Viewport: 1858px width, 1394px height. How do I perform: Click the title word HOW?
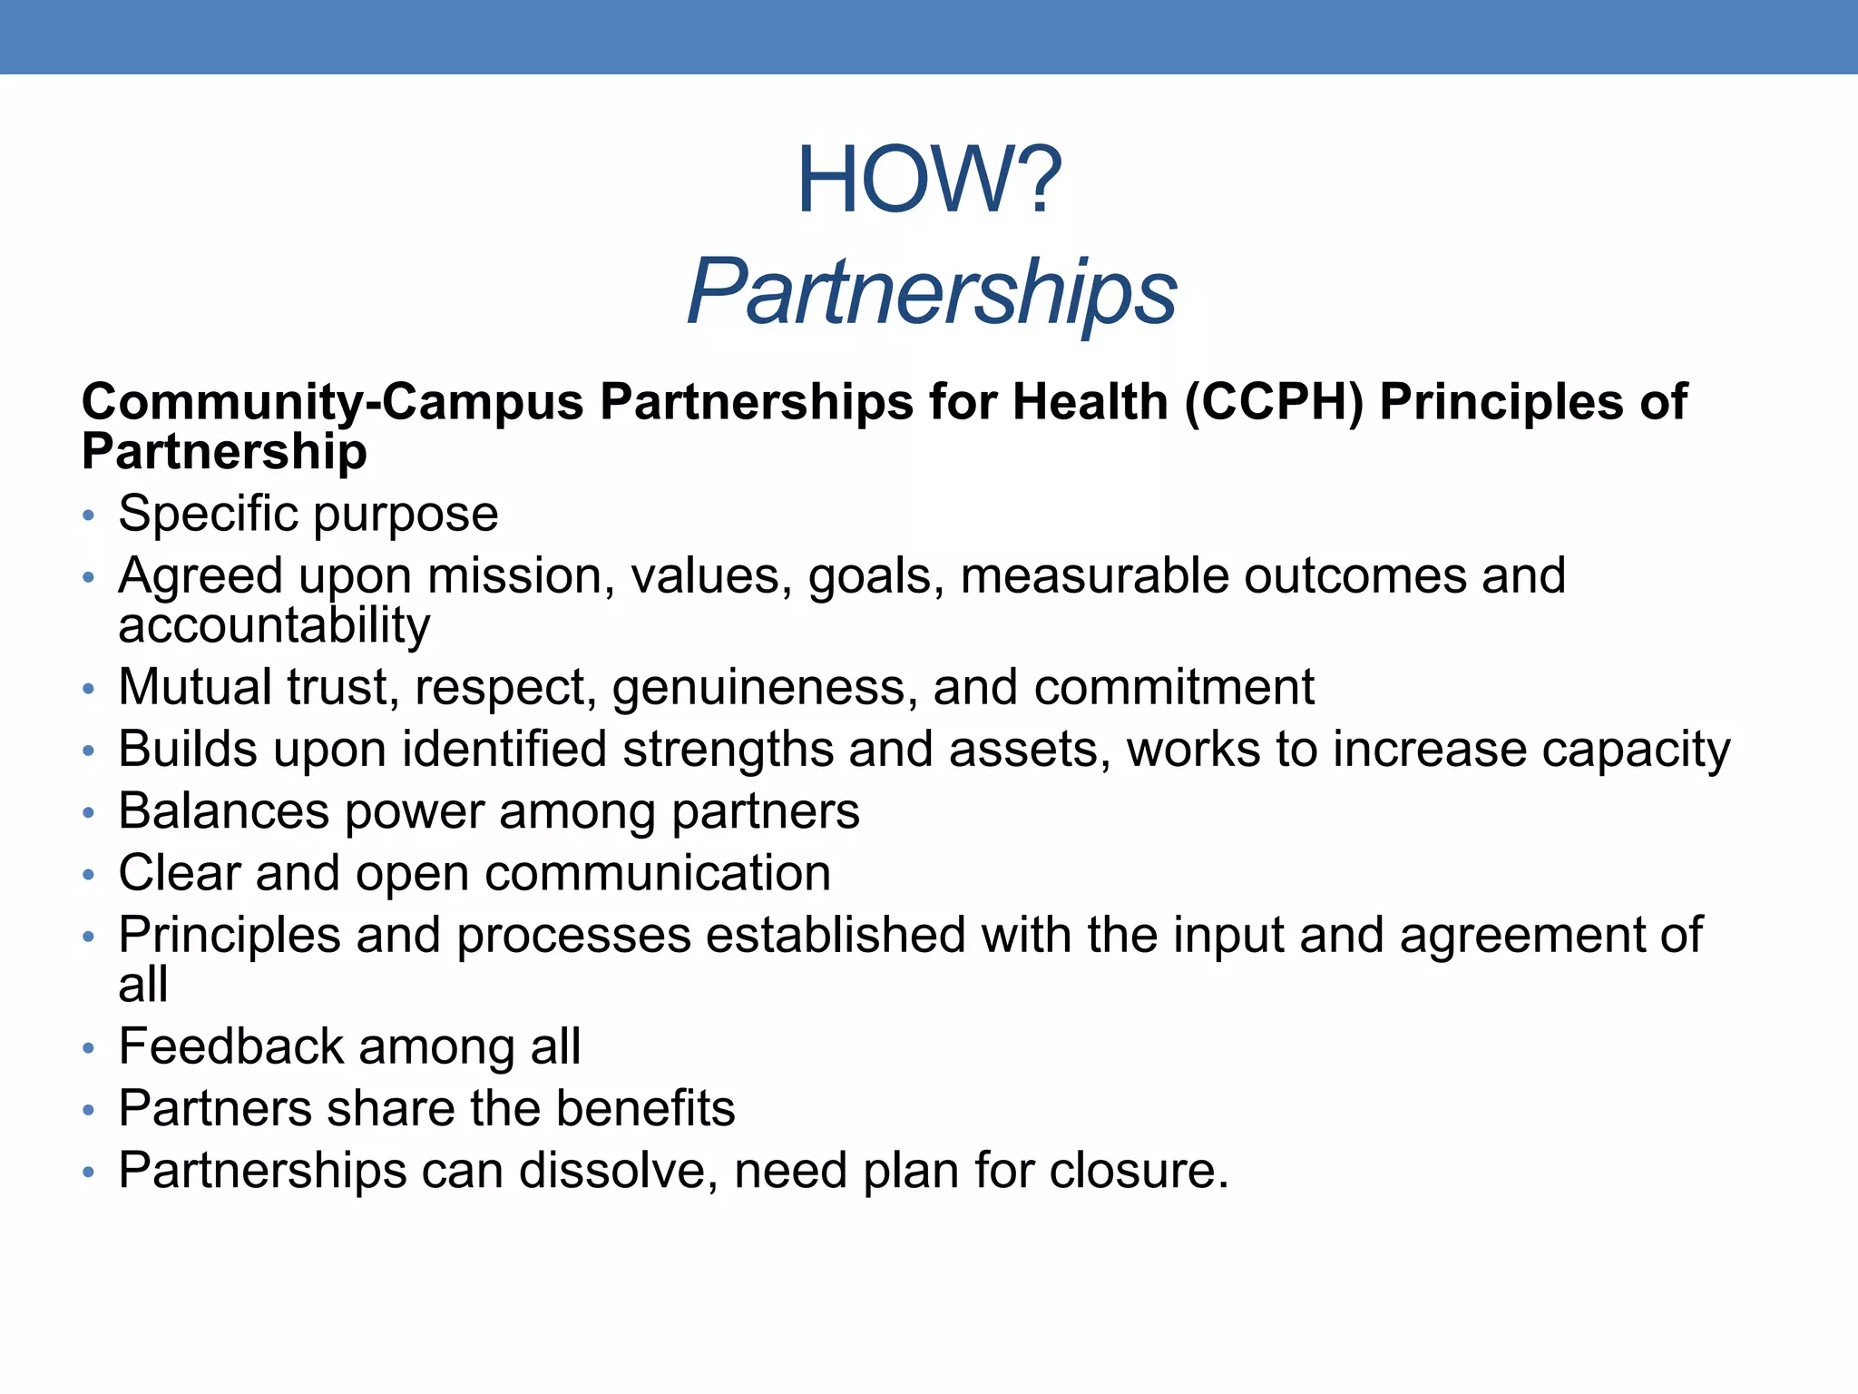pyautogui.click(x=928, y=181)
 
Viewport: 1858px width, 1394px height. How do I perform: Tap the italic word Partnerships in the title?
pyautogui.click(x=932, y=291)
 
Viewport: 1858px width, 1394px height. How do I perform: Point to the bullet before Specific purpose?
pyautogui.click(x=88, y=516)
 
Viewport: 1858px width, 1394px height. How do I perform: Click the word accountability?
pyautogui.click(x=274, y=625)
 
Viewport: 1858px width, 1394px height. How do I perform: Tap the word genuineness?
pyautogui.click(x=758, y=687)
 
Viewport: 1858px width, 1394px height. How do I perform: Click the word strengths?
pyautogui.click(x=728, y=750)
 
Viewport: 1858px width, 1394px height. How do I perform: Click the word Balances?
pyautogui.click(x=223, y=811)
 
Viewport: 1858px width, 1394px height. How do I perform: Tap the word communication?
pyautogui.click(x=658, y=874)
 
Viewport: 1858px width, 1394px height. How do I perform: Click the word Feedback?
pyautogui.click(x=231, y=1046)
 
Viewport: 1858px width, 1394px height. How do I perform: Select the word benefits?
pyautogui.click(x=645, y=1109)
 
